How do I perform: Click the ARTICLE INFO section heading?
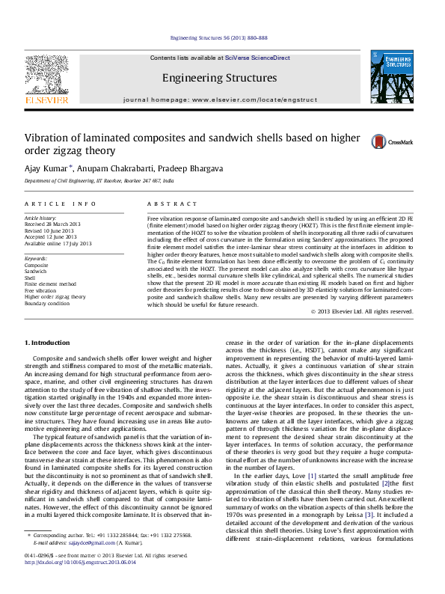(61, 203)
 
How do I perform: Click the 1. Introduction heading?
(49, 342)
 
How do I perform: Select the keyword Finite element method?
(50, 284)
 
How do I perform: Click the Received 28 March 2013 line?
(54, 224)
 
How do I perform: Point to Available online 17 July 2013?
(58, 242)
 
